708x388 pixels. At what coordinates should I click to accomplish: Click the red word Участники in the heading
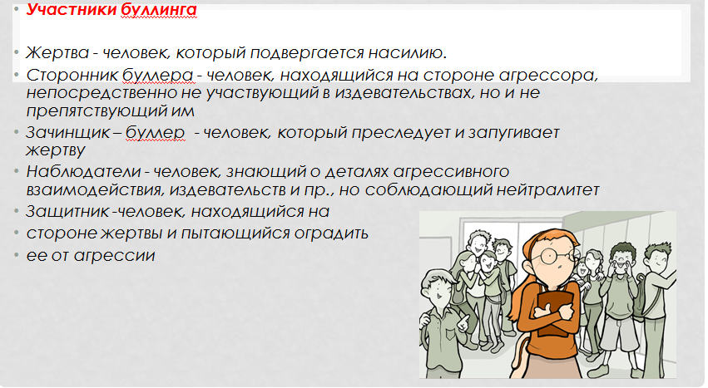click(x=71, y=9)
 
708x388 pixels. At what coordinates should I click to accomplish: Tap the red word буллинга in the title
click(x=158, y=10)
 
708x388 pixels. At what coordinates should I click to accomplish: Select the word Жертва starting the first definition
click(x=57, y=53)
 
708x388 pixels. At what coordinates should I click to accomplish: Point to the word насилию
click(x=408, y=53)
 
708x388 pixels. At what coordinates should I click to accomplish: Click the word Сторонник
click(x=72, y=75)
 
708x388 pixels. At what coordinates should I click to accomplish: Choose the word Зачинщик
click(x=67, y=133)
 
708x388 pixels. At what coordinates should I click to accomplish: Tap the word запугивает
click(x=514, y=133)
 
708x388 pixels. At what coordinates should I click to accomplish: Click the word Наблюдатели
click(x=83, y=171)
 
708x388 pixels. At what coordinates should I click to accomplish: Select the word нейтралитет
click(x=547, y=190)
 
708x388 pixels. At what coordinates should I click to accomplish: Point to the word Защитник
click(x=67, y=212)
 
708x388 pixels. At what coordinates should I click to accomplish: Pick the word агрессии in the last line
click(x=114, y=256)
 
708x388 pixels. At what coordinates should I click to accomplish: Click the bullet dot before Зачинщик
click(x=17, y=132)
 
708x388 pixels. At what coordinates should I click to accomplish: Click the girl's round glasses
click(x=553, y=256)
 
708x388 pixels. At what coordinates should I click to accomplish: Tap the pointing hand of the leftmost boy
click(x=463, y=322)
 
